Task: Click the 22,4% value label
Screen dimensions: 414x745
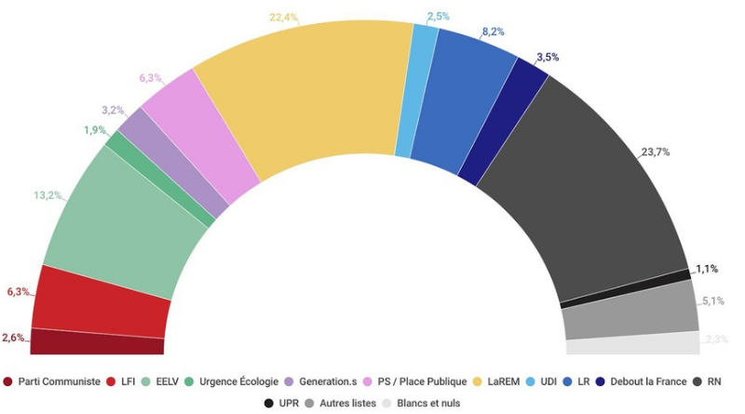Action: coord(283,16)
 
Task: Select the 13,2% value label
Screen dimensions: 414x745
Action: coord(48,195)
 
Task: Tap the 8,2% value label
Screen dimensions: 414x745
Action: coord(493,32)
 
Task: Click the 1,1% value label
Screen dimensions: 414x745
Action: coord(706,269)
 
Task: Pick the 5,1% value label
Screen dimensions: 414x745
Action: coord(713,300)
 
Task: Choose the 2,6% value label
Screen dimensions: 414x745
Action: coord(16,337)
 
